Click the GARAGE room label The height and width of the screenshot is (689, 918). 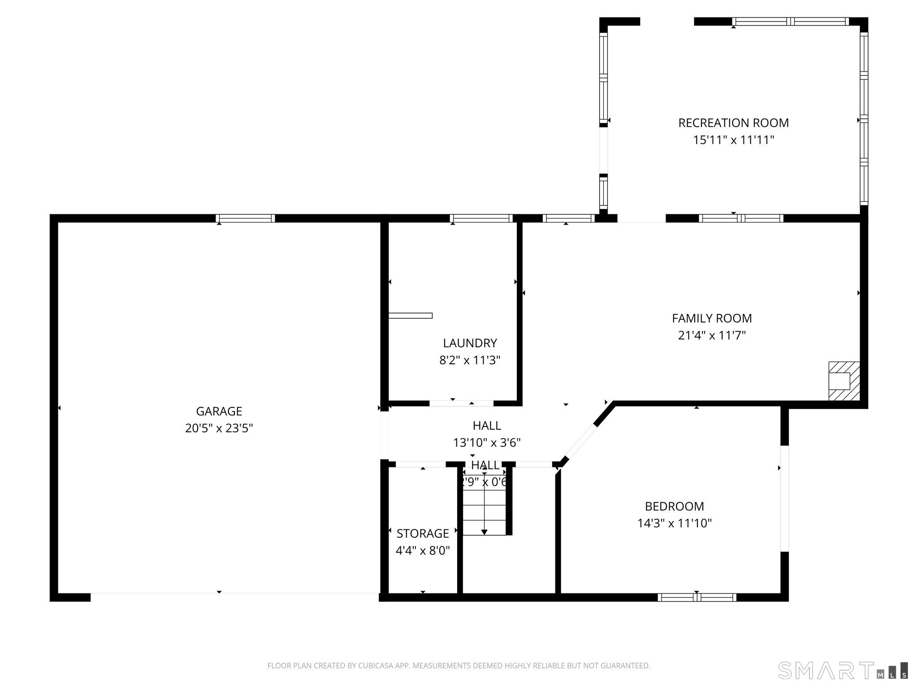point(219,411)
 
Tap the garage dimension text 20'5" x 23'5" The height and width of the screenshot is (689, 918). point(219,428)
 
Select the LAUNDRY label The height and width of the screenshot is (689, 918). point(470,343)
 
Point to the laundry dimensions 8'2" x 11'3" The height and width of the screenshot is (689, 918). point(470,360)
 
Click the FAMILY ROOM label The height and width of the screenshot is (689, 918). point(712,318)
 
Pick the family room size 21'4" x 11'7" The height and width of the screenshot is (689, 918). point(712,336)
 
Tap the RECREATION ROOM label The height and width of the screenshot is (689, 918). point(733,122)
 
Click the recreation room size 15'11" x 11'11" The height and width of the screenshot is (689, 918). point(733,140)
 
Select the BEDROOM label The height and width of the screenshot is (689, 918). point(674,506)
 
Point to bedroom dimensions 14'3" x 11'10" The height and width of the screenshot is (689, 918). point(674,523)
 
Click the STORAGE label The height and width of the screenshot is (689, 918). point(422,533)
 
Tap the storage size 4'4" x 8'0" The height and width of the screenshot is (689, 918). point(422,550)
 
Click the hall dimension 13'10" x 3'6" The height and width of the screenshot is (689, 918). point(486,443)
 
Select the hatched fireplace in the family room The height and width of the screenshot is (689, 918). point(844,381)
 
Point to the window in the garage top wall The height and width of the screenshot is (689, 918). point(245,218)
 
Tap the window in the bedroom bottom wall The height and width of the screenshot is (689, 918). point(697,597)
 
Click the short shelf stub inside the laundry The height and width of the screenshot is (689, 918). point(410,315)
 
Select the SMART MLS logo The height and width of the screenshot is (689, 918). point(843,670)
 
